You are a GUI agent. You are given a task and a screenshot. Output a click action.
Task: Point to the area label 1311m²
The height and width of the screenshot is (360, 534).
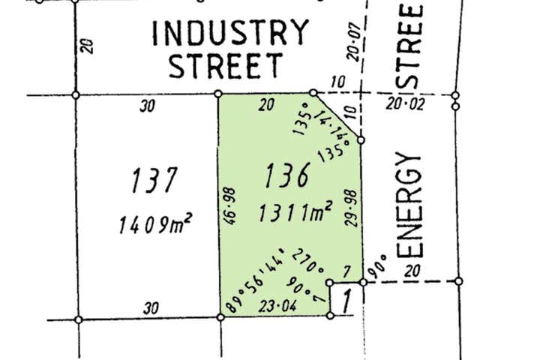(295, 214)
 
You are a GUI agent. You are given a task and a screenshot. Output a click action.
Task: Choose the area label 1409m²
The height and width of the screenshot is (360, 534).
(156, 223)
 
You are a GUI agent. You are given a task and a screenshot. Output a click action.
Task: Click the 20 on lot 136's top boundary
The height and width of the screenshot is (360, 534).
(265, 106)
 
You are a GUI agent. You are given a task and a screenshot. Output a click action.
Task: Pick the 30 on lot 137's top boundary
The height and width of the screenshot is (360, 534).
(147, 106)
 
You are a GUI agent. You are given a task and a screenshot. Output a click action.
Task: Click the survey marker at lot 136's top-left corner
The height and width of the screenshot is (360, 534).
(218, 94)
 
